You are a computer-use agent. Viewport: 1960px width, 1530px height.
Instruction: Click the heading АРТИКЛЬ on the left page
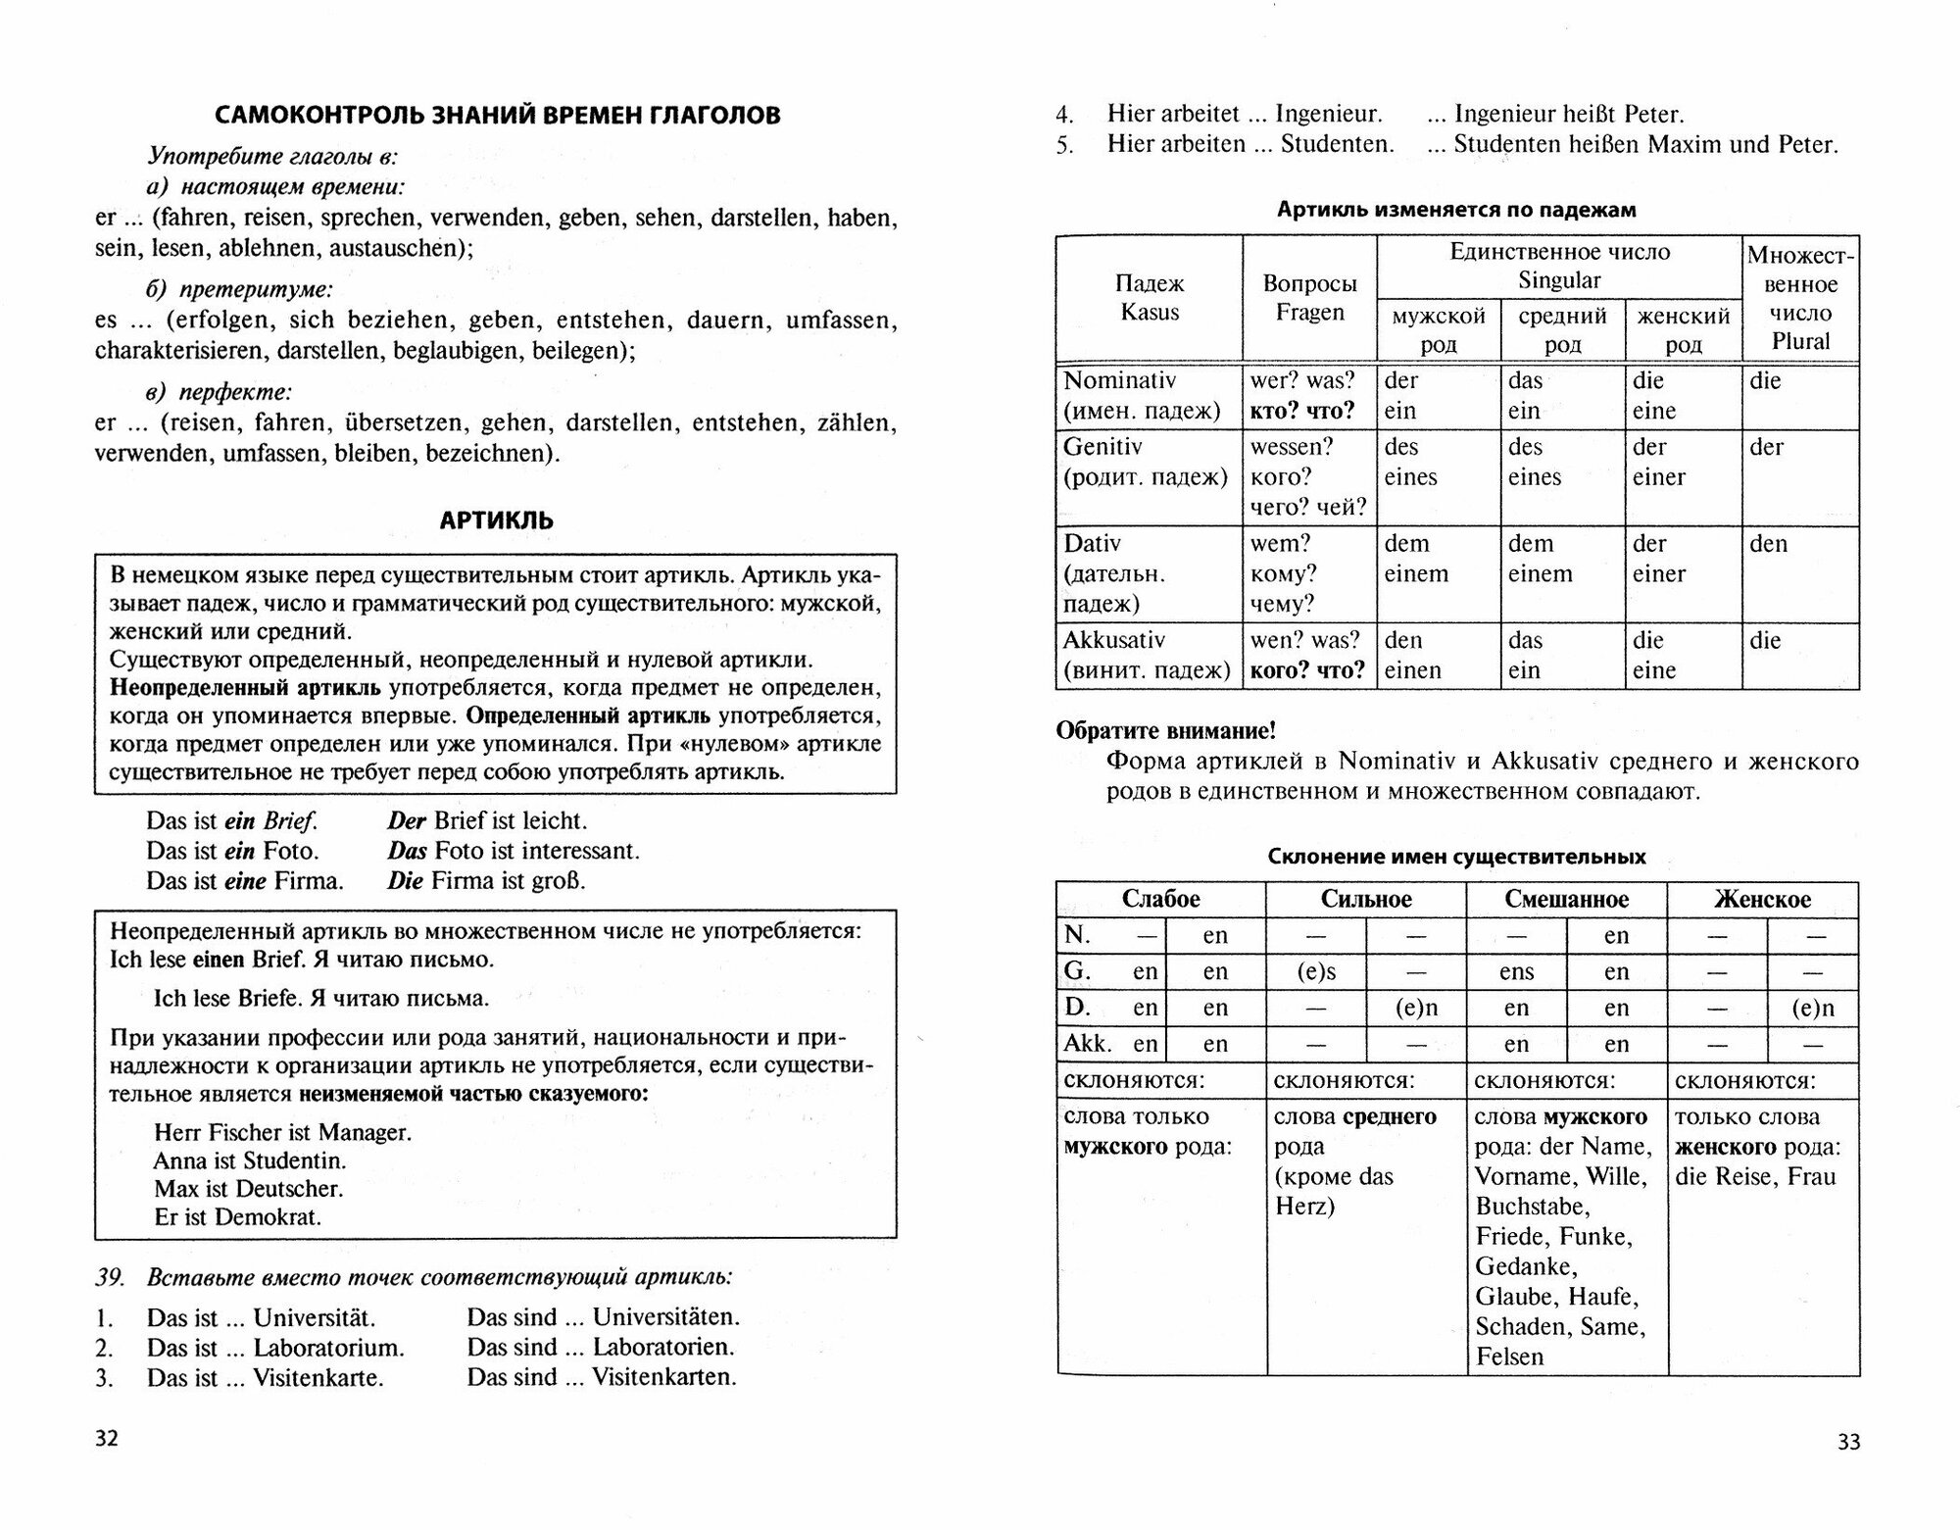pos(496,520)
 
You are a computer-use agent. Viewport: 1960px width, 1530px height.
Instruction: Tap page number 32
pos(107,1438)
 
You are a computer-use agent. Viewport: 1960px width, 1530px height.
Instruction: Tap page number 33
pos(1848,1442)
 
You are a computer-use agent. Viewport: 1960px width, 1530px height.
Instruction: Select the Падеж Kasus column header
pos(1150,298)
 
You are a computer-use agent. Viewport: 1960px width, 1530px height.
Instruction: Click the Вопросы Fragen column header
pos(1309,298)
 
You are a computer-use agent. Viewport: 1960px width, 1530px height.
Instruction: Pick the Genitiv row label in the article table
pos(1102,447)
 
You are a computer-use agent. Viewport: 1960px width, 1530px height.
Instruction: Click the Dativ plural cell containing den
pos(1768,544)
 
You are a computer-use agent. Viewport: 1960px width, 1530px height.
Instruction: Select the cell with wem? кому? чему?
pos(1284,573)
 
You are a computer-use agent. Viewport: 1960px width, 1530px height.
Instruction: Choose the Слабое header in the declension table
pos(1160,900)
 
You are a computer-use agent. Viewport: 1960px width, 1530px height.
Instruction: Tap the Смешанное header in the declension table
pos(1566,900)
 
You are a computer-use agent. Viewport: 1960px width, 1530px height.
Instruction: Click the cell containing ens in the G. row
pos(1516,972)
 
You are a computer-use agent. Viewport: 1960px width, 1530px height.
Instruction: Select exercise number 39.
pos(110,1277)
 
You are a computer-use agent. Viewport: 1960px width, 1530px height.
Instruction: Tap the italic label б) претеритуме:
pos(239,289)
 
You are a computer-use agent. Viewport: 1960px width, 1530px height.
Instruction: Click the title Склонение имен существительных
pos(1456,857)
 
